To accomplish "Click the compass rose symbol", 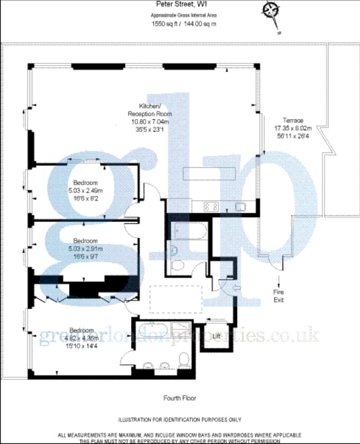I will coord(272,10).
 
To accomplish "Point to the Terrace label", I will coord(292,120).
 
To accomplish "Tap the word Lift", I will coord(216,336).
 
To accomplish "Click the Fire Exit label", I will coord(279,295).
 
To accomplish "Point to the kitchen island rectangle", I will coord(210,173).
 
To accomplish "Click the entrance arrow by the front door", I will coord(236,288).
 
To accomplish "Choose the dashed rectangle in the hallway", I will coord(176,300).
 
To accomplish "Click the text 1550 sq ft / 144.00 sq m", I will coord(183,24).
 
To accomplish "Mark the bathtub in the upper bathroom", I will coord(185,231).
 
